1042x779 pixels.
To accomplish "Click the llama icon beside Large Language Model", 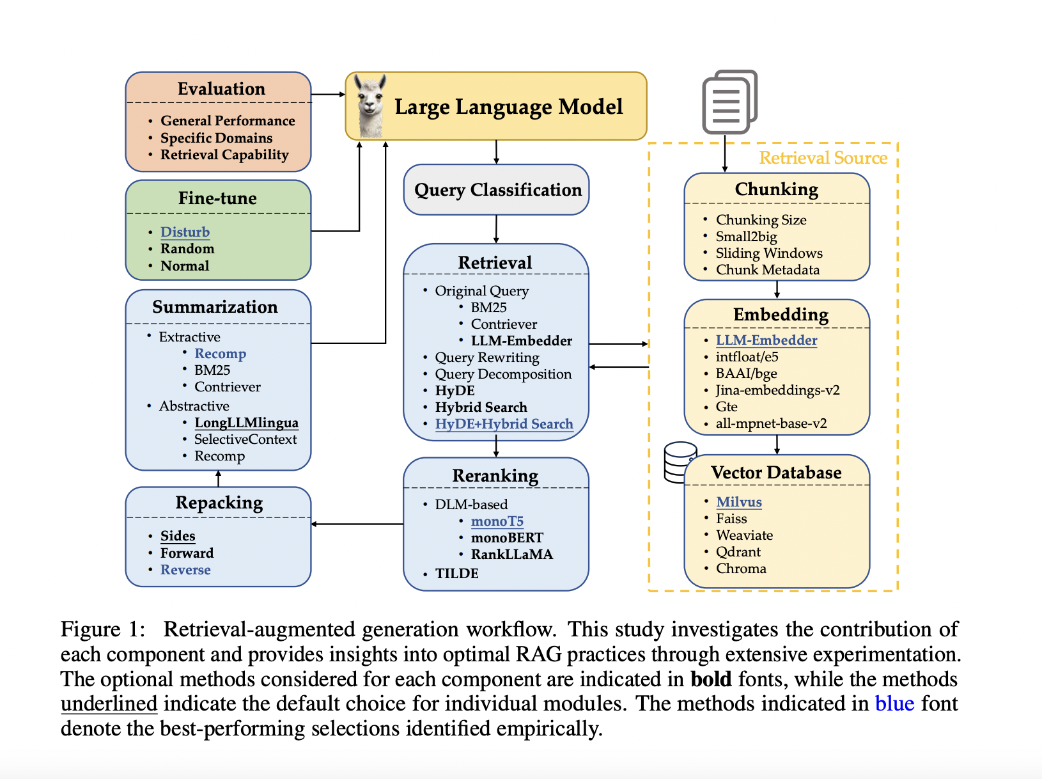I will tap(370, 106).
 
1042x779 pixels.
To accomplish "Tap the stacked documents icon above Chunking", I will tap(729, 102).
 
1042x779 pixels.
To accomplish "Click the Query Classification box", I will tap(497, 190).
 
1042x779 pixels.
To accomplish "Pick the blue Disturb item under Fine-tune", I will tap(185, 232).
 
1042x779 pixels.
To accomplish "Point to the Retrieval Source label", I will tap(823, 158).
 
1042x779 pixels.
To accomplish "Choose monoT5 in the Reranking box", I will tap(497, 521).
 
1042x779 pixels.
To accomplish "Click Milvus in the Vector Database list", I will tap(738, 502).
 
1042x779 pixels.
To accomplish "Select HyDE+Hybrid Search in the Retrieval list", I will tap(504, 424).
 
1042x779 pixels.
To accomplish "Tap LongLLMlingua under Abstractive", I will tap(246, 423).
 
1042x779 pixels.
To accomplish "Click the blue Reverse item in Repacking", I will tap(185, 570).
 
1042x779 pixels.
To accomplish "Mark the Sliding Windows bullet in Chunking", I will tap(768, 253).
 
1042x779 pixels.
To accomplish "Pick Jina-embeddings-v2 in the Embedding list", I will tap(777, 390).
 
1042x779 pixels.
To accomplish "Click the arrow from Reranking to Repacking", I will tap(357, 524).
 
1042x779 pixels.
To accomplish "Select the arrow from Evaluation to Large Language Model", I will tap(328, 95).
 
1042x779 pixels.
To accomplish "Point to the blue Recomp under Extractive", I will tap(220, 354).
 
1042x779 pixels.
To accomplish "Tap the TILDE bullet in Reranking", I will tap(456, 574).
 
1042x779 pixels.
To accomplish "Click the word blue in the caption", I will tap(894, 704).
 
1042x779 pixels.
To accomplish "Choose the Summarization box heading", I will tap(215, 307).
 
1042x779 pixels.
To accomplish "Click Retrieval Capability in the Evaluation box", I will tap(224, 155).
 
